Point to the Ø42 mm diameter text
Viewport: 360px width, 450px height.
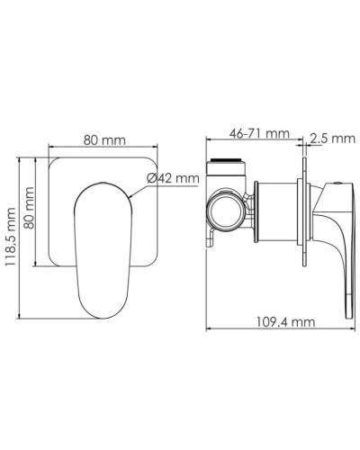(173, 179)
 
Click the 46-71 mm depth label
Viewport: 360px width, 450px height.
(258, 135)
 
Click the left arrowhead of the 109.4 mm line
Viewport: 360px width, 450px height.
(208, 330)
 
